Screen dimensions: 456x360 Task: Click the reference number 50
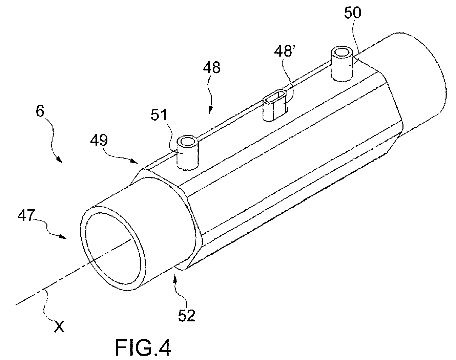coord(352,13)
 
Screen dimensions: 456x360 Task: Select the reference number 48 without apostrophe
coord(211,68)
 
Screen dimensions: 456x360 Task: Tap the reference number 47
coord(26,215)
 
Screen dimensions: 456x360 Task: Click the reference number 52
coord(187,316)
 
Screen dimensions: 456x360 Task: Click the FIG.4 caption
coord(143,348)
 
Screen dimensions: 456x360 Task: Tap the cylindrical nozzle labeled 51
coord(188,153)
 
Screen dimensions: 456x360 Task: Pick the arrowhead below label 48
coord(210,111)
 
